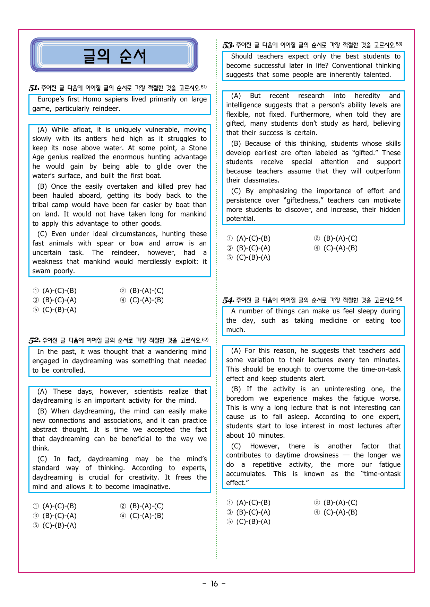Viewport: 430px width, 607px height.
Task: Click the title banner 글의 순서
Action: tap(114, 55)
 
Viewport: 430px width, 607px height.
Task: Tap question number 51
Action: tap(34, 88)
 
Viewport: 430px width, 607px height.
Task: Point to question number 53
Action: tap(228, 45)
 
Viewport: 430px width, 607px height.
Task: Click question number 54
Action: tap(228, 300)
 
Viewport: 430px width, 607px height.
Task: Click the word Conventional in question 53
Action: tap(353, 65)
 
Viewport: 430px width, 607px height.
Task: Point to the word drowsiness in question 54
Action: tap(321, 455)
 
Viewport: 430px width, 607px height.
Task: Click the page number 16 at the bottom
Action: tap(214, 584)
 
